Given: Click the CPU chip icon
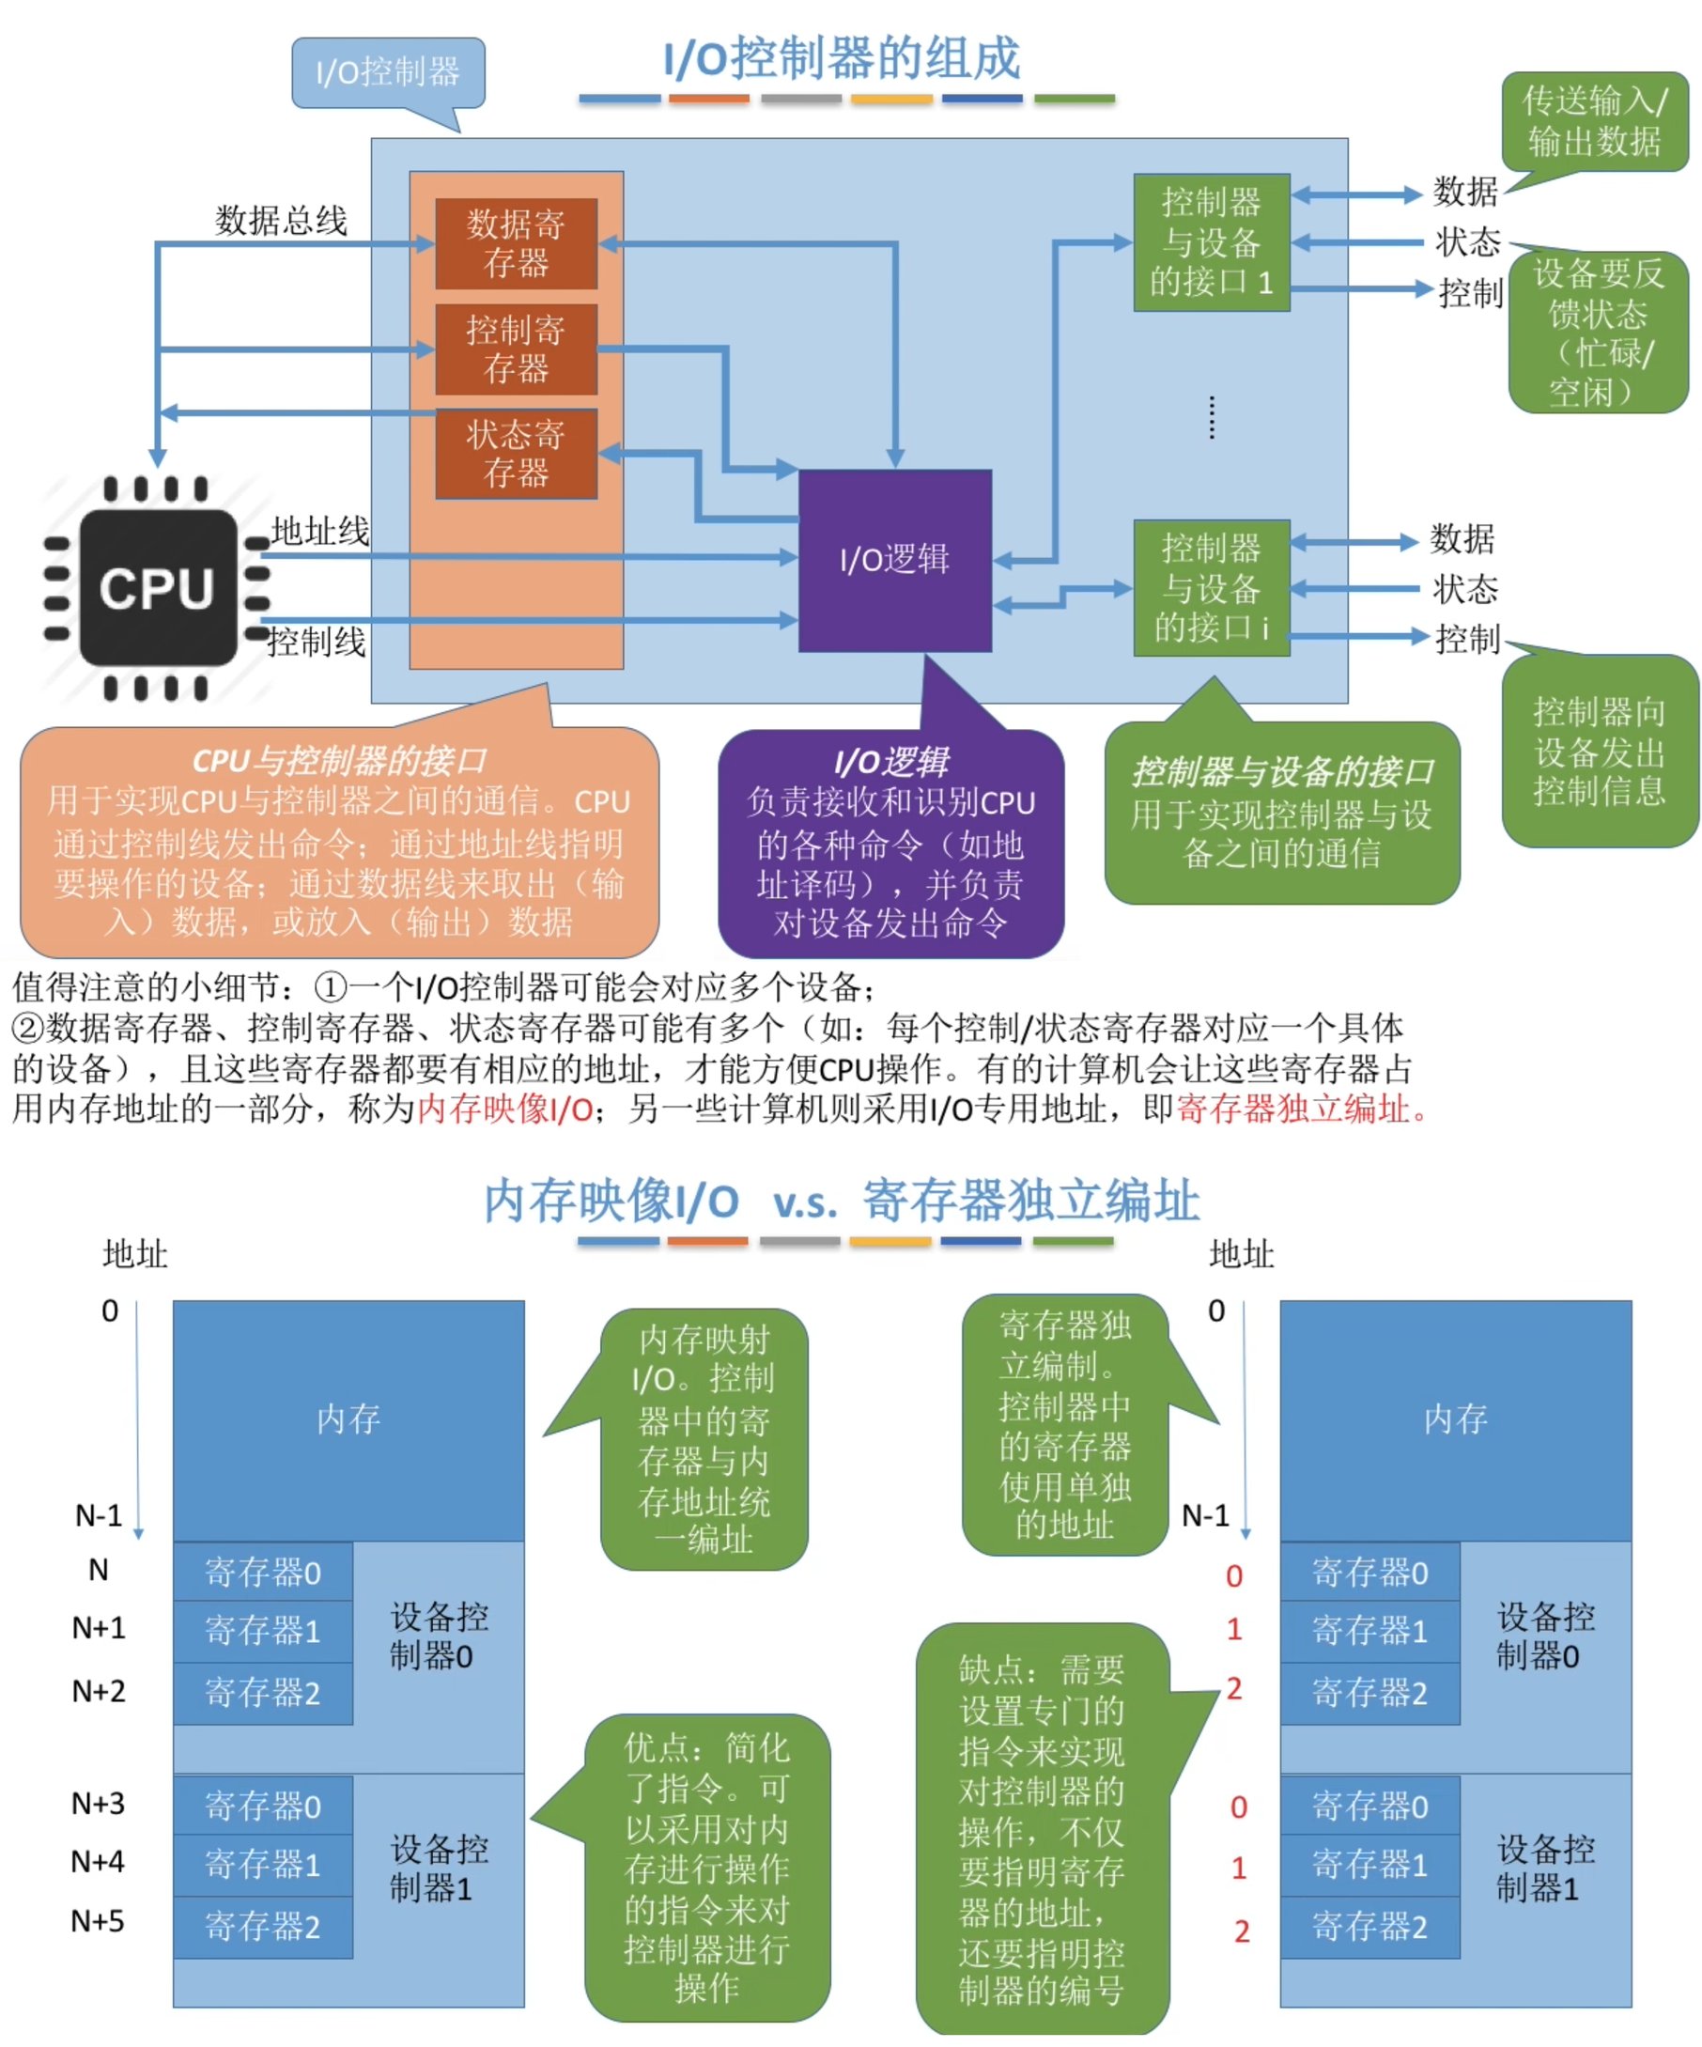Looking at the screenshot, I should point(157,588).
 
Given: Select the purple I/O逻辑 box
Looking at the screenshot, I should point(894,560).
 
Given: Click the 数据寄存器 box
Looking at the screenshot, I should point(515,242).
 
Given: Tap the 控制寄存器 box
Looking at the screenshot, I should point(515,348).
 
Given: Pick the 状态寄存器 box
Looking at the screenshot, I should point(515,453).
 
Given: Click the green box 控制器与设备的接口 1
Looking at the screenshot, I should point(1211,241).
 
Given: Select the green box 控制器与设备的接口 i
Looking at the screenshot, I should point(1211,588).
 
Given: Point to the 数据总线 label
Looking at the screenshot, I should point(281,221).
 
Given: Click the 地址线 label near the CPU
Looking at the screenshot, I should point(319,532).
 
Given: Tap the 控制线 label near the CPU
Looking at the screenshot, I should point(316,642).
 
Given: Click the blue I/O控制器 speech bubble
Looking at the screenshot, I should point(387,72).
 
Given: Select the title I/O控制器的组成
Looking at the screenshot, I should point(842,58).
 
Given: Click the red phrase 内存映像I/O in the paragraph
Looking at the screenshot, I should point(505,1109).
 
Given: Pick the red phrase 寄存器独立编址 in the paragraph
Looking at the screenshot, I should point(1292,1109).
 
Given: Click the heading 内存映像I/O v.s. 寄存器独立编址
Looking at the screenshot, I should point(842,1200).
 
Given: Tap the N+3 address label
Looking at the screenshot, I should point(98,1804).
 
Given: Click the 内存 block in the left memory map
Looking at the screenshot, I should point(348,1419).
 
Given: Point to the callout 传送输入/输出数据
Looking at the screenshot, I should point(1594,121).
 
